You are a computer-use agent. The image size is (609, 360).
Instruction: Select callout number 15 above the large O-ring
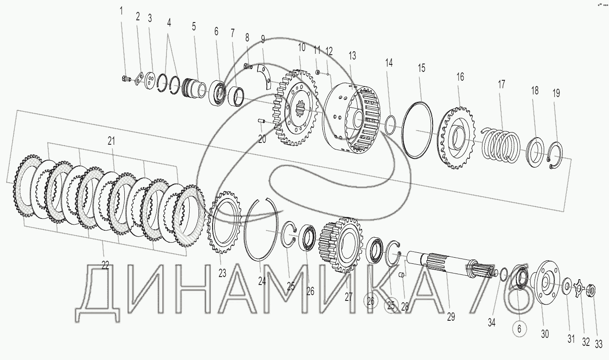coord(422,68)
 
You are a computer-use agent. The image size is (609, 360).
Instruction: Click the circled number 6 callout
coord(519,329)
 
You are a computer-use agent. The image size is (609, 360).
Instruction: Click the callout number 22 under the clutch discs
coord(105,265)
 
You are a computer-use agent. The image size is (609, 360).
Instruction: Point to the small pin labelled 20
coord(262,120)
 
